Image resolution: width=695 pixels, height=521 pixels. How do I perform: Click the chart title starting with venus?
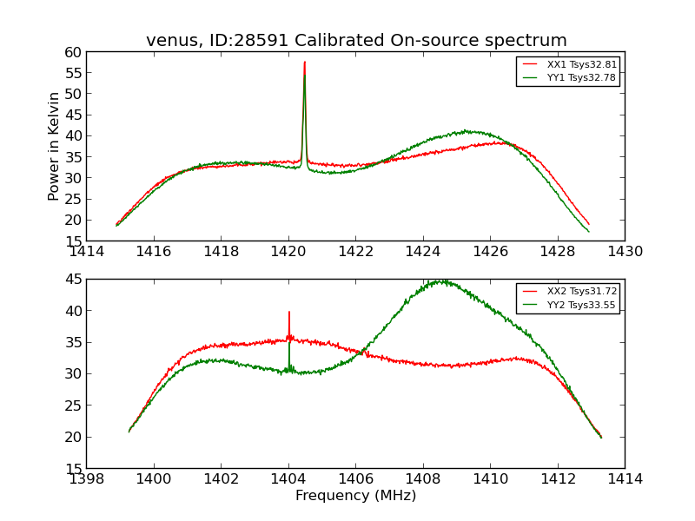point(356,41)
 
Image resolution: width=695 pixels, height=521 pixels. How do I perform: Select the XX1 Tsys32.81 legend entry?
point(581,64)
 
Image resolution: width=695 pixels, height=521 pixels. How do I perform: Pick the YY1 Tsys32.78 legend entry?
point(581,77)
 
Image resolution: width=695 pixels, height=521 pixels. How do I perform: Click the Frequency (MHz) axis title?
point(355,496)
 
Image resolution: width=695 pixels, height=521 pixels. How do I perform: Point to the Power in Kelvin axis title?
point(54,146)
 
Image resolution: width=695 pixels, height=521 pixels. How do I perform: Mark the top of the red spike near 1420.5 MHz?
point(305,62)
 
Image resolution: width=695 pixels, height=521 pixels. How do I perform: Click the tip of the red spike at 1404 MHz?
point(289,312)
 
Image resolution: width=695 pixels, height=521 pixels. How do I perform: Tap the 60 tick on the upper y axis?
point(72,52)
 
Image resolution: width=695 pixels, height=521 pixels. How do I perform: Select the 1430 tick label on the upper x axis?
point(625,252)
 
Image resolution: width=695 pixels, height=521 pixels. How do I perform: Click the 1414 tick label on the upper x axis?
point(87,252)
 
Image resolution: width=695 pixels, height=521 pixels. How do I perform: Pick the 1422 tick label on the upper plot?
point(355,252)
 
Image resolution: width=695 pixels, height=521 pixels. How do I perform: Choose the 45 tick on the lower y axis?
point(72,279)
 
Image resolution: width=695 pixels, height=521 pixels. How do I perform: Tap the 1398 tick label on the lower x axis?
point(87,478)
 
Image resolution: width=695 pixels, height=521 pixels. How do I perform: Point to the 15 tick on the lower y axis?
point(72,468)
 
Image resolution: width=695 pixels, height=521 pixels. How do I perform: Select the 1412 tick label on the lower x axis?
point(557,478)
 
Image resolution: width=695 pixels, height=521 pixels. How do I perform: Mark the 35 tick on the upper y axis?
point(72,157)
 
